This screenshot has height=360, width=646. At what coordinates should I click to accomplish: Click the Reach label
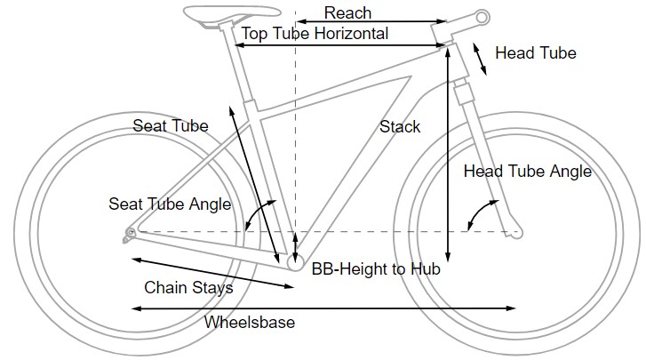pos(347,12)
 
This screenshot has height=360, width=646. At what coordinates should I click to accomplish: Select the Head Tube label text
pos(535,53)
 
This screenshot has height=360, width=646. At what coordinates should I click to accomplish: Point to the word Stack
pos(400,126)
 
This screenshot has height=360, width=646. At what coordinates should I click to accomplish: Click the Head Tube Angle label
pos(527,172)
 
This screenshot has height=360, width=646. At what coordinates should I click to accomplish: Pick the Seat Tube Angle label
pos(170,204)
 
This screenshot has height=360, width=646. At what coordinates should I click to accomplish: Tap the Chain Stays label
pos(188,288)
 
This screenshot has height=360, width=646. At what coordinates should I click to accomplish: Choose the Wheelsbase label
pos(249,323)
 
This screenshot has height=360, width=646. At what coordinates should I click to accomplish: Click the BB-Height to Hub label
pos(376,268)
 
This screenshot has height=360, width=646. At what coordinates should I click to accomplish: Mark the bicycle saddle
pos(214,14)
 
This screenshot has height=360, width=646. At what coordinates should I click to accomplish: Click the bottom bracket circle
pos(295,260)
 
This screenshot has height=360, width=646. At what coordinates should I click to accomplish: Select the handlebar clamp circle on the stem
pos(482,17)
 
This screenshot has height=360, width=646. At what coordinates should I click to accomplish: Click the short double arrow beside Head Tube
pos(479,59)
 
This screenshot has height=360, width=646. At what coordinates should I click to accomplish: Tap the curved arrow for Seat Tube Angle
pos(255,214)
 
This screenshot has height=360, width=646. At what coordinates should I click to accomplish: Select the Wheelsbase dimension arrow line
pos(323,308)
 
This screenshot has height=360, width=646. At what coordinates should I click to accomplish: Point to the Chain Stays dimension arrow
pos(213,273)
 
